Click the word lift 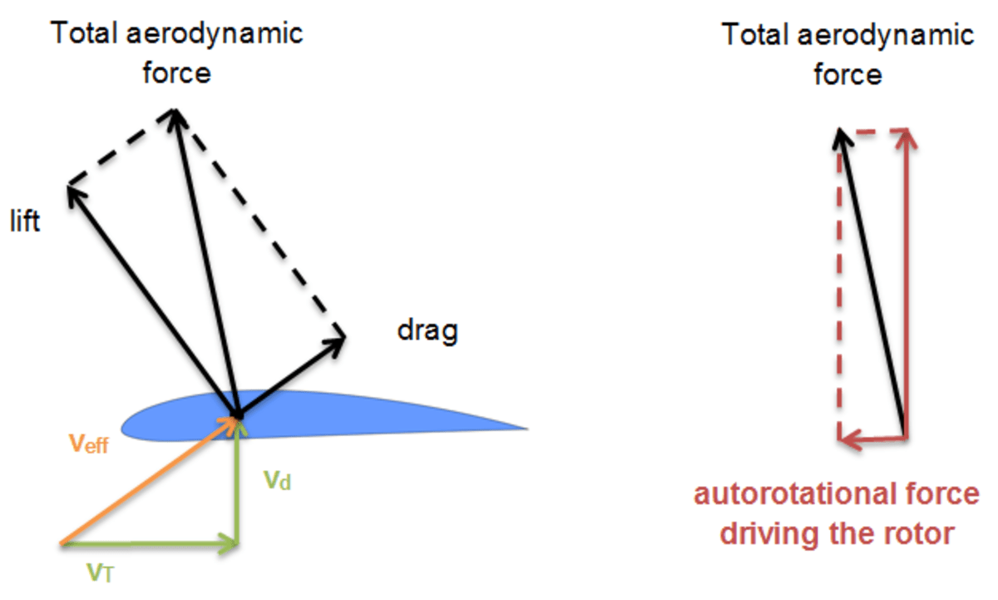[24, 223]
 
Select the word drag [427, 331]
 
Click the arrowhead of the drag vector [338, 338]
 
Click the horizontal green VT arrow [150, 545]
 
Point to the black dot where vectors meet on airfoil [238, 414]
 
